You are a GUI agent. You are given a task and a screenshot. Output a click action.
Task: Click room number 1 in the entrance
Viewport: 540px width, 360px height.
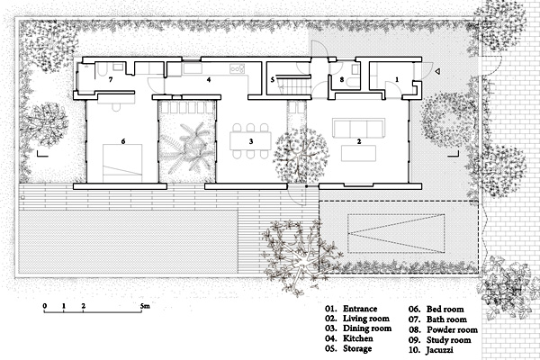tap(397, 79)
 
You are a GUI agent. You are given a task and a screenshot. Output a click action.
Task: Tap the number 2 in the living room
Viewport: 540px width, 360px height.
tap(359, 141)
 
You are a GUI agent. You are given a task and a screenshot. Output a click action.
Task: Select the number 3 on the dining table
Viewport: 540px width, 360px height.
tap(251, 141)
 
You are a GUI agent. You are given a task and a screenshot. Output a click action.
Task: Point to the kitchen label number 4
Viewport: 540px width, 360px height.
tap(209, 79)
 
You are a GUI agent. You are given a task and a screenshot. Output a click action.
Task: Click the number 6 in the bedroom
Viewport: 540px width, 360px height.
tap(123, 141)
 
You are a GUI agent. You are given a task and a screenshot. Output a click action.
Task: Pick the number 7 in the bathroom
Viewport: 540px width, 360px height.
tap(110, 79)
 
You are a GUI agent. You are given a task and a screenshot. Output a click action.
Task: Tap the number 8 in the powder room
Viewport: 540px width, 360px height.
tap(342, 79)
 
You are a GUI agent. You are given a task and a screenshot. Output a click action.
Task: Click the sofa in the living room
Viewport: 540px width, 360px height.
tap(358, 128)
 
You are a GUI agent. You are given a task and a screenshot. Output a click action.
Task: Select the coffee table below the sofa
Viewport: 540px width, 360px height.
tap(358, 153)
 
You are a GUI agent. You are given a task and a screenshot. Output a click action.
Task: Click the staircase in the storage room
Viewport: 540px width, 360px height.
tap(295, 85)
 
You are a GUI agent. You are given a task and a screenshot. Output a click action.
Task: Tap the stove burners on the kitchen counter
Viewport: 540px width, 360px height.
tap(237, 68)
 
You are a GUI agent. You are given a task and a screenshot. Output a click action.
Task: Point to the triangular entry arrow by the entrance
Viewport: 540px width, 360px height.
tap(437, 72)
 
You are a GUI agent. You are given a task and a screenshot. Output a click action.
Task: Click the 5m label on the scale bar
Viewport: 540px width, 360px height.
tap(145, 306)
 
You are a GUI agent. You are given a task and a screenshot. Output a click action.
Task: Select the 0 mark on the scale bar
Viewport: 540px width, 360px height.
tap(45, 306)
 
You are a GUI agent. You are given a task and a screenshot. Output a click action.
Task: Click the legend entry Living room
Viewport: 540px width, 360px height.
tap(366, 319)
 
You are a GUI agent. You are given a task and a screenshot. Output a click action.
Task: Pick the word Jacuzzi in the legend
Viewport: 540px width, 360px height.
tap(440, 350)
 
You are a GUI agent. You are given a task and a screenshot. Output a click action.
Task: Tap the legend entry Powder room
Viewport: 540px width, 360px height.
tap(452, 329)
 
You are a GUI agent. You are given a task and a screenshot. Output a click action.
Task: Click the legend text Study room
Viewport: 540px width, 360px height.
tap(449, 340)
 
